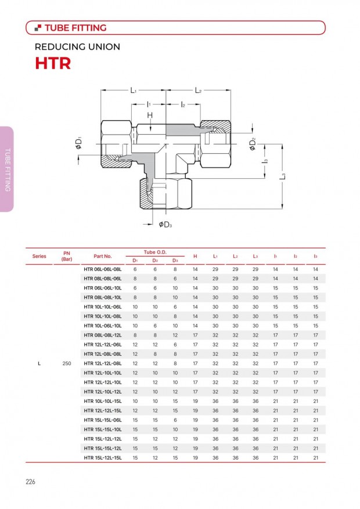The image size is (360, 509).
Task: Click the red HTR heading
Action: point(53,63)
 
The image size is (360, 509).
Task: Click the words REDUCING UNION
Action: point(77,47)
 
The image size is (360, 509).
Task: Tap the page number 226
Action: point(30,482)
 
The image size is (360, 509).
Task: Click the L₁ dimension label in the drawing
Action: point(134,90)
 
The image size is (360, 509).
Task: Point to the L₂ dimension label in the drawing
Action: point(198,90)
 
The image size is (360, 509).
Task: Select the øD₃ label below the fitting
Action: point(165,225)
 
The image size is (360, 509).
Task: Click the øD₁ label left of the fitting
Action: point(78,143)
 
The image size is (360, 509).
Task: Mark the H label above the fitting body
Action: point(150,115)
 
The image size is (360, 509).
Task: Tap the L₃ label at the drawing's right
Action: point(283,176)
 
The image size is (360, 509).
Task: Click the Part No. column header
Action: point(103,256)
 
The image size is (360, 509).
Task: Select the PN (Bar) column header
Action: point(67,256)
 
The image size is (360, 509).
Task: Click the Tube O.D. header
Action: point(155,252)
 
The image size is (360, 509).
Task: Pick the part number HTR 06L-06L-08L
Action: point(103,269)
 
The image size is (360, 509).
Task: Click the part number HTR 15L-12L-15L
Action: point(103,458)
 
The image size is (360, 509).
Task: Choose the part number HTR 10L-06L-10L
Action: point(103,326)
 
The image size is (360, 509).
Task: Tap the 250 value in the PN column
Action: point(67,363)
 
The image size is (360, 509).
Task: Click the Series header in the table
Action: point(39,256)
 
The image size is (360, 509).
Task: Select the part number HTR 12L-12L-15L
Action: point(103,411)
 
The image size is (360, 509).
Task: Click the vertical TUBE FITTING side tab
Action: point(8,169)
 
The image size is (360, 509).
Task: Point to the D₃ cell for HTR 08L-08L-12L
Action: point(175,335)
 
